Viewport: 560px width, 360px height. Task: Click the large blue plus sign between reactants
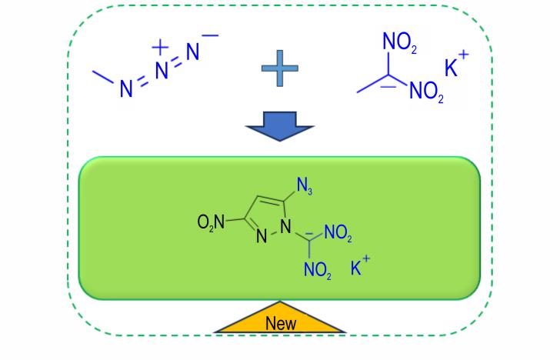(x=280, y=68)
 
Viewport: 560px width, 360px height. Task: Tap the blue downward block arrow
(x=280, y=126)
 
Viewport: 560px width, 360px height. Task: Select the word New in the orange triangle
(x=281, y=323)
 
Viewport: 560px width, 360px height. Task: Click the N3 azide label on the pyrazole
(x=305, y=186)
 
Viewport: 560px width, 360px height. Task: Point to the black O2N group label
(x=211, y=222)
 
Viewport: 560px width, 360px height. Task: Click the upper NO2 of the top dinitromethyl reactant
(x=400, y=42)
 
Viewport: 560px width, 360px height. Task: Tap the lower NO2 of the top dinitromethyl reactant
(x=426, y=92)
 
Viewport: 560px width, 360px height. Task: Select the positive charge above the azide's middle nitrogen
(x=160, y=47)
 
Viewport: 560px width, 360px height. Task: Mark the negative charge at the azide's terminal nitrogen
(x=210, y=35)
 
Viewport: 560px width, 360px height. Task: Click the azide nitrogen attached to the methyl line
(x=126, y=88)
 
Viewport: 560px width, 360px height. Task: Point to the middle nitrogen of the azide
(x=162, y=70)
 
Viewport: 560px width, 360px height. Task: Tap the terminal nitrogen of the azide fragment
(x=192, y=52)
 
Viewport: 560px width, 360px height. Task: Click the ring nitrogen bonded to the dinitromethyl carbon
(x=285, y=226)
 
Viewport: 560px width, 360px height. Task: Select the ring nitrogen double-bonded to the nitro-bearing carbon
(x=262, y=236)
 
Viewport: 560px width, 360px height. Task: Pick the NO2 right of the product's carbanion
(x=338, y=232)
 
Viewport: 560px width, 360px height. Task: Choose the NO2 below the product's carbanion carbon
(x=317, y=269)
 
